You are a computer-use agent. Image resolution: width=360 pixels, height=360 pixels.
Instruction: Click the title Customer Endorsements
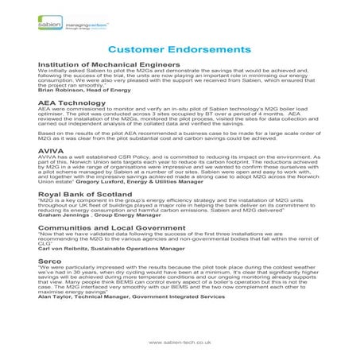[x=179, y=49]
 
